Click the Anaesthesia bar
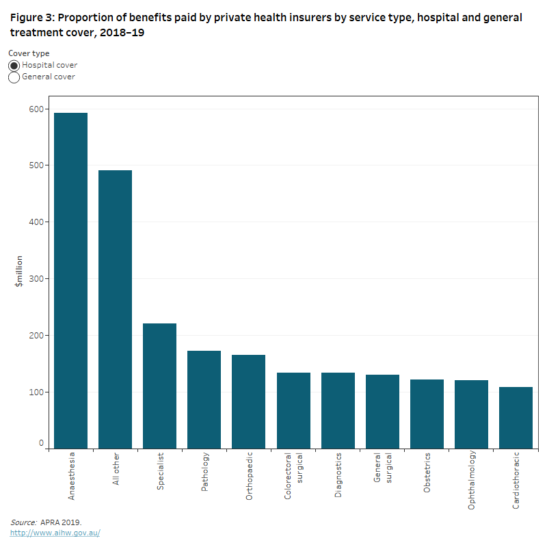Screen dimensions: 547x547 click(x=71, y=280)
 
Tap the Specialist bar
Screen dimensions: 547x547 click(x=160, y=386)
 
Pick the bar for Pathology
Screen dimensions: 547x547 click(x=204, y=399)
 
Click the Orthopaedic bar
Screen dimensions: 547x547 click(x=249, y=401)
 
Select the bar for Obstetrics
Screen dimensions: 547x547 click(x=427, y=414)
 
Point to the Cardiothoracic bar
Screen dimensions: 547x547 click(x=516, y=418)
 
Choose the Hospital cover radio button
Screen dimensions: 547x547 click(x=14, y=66)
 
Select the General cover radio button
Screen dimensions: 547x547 click(x=14, y=77)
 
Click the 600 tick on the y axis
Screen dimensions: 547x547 click(x=36, y=109)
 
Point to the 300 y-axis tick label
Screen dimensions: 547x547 click(x=36, y=279)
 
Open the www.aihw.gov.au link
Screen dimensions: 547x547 click(x=55, y=533)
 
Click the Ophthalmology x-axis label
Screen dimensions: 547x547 click(x=472, y=481)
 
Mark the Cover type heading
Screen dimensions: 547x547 click(x=29, y=53)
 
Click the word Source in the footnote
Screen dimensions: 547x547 click(x=23, y=522)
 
